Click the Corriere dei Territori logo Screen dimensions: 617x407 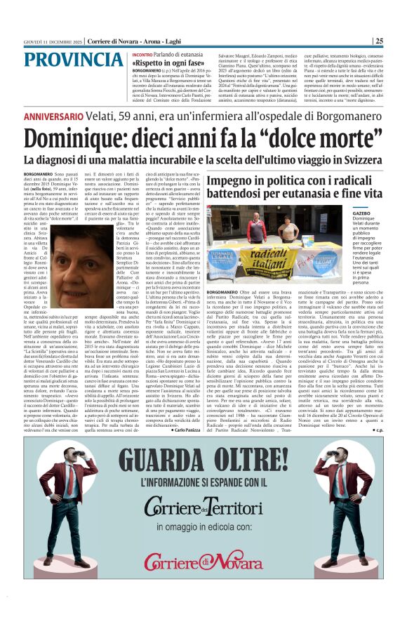203,505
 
